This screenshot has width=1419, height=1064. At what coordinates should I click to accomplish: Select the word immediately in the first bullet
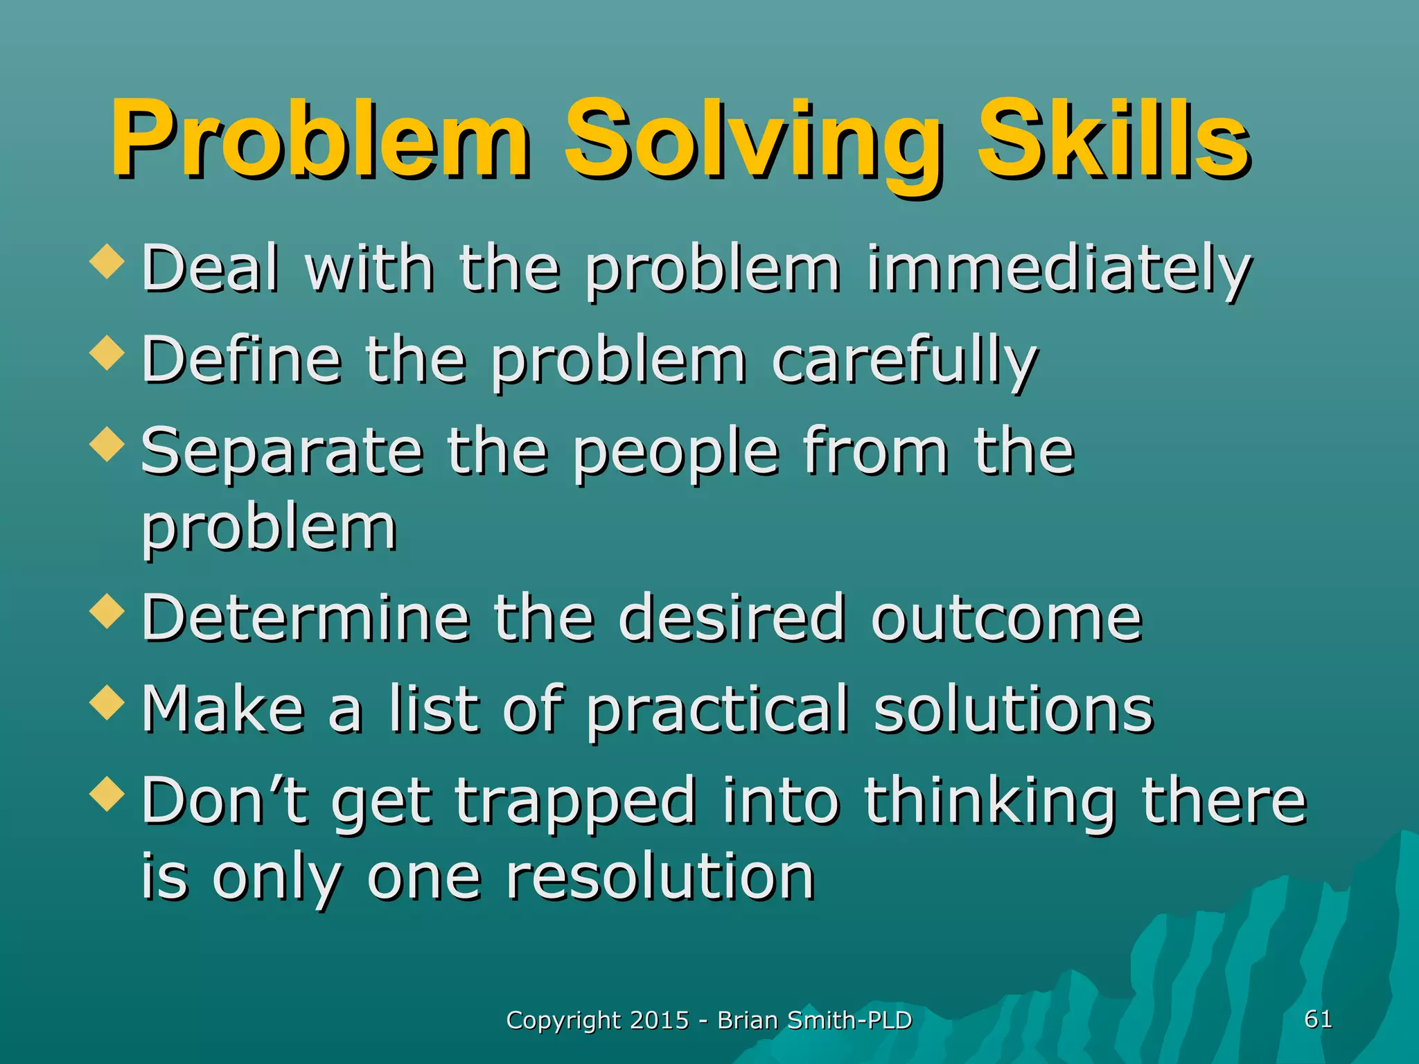[1058, 270]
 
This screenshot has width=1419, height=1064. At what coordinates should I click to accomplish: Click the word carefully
[904, 362]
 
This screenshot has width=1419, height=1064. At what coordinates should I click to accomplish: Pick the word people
[676, 454]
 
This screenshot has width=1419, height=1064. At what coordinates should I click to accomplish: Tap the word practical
[717, 710]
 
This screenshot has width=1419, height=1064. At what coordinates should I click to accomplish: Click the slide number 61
[1318, 1019]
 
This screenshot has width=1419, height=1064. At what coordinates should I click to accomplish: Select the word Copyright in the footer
[564, 1021]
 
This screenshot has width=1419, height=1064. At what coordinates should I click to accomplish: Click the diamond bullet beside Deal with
[107, 263]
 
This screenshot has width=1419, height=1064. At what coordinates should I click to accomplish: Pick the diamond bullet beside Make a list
[107, 702]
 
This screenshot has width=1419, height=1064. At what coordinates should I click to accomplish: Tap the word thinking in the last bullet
[990, 802]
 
